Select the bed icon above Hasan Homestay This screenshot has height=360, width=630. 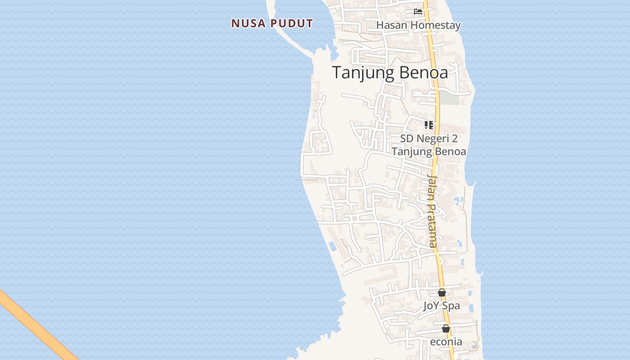(x=418, y=12)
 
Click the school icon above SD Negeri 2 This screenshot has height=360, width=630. (x=428, y=125)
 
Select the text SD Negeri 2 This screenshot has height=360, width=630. (x=429, y=138)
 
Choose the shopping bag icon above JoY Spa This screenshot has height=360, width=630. (x=442, y=292)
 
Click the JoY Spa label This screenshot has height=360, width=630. (x=441, y=306)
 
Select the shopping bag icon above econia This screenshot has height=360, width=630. (x=446, y=328)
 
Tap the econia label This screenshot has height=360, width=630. (x=446, y=342)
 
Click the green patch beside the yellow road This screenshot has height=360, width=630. (x=449, y=98)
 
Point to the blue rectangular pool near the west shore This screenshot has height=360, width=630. (x=333, y=246)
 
